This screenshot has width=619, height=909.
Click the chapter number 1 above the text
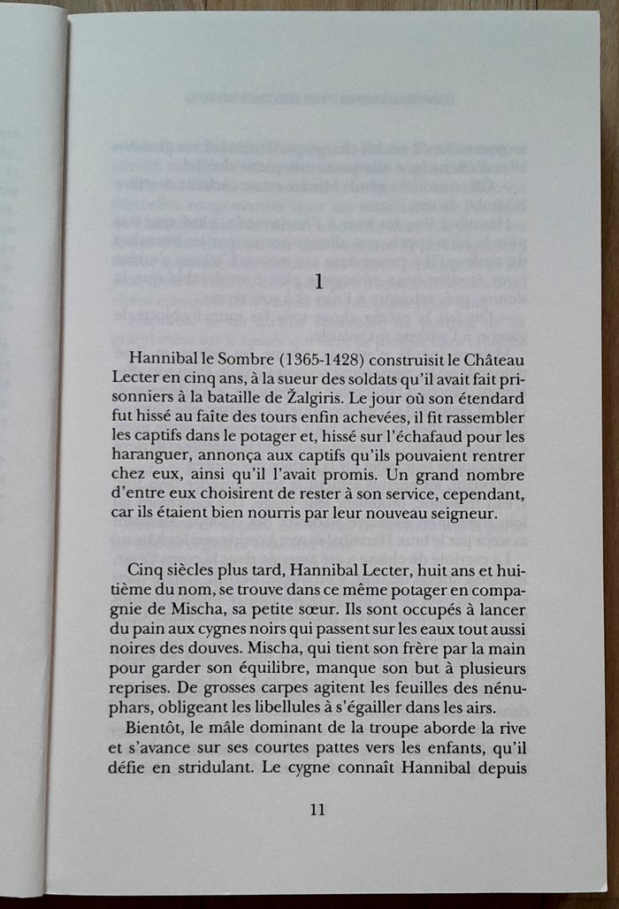319,283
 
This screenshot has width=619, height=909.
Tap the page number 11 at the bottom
319,808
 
